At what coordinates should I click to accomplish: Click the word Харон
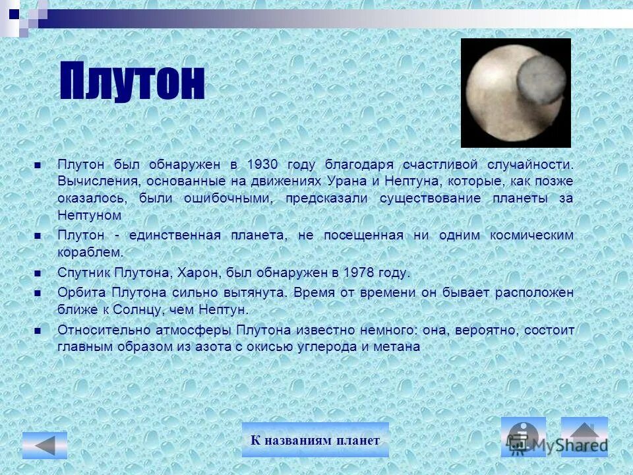point(251,273)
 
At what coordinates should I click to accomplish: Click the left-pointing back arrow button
point(45,445)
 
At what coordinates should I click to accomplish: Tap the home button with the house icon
point(584,437)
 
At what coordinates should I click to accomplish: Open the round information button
point(524,437)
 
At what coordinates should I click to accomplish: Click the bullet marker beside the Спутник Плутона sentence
point(38,272)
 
